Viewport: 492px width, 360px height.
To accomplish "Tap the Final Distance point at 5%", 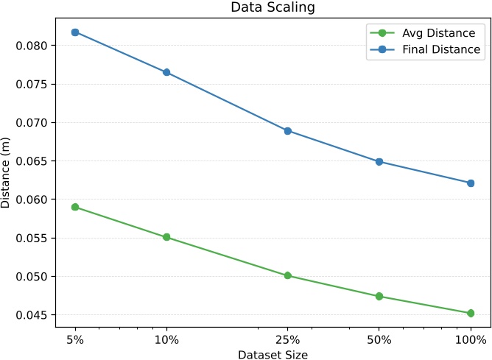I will click(75, 32).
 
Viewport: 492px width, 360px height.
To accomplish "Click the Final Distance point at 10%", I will click(166, 72).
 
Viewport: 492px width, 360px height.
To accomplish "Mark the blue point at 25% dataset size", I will click(288, 131).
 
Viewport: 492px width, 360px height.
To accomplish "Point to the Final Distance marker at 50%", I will click(379, 161).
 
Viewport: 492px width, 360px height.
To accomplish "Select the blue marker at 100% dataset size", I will click(471, 183).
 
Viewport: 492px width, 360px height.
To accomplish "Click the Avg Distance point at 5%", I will click(75, 207).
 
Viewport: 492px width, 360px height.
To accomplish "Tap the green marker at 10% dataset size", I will click(166, 237).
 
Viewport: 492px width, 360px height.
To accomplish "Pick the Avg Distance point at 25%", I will click(288, 275).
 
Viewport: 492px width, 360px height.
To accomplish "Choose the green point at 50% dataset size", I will click(379, 296).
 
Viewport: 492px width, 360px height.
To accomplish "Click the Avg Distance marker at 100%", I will click(471, 313).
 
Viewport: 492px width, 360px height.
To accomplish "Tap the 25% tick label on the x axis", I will click(288, 340).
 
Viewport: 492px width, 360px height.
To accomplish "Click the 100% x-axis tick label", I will click(471, 340).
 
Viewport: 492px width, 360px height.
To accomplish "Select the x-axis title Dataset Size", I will click(273, 354).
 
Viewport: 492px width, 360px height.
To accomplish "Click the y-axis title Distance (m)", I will click(7, 174).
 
